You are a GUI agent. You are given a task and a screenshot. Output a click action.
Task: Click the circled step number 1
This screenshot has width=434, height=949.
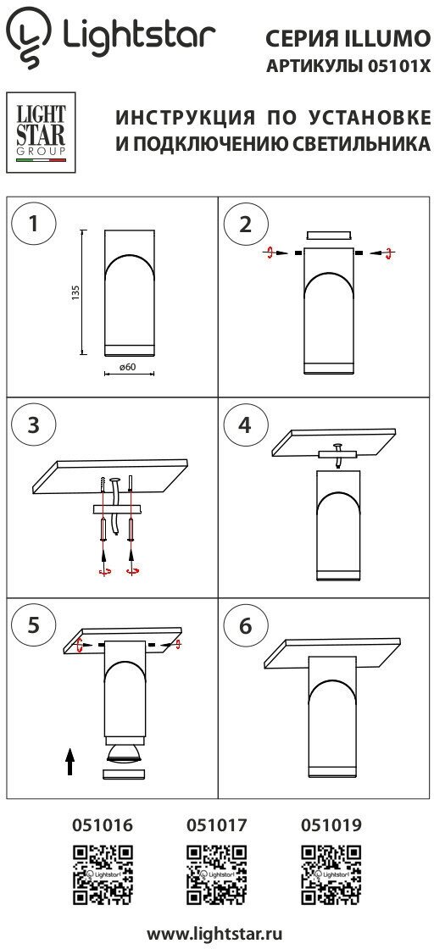[34, 224]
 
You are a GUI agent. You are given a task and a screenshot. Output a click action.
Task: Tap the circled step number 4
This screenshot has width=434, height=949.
[244, 425]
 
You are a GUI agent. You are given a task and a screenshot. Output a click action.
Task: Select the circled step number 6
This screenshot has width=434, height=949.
[244, 626]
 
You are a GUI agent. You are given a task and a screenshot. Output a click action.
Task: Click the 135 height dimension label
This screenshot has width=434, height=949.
[75, 292]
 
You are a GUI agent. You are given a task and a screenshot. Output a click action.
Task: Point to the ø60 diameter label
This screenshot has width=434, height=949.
[127, 367]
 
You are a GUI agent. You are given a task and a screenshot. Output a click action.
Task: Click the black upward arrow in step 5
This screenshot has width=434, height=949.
[70, 761]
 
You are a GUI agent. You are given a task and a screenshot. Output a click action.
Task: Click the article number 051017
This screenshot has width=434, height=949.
[217, 824]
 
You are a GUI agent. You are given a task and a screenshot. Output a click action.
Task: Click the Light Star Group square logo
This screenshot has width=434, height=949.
[41, 132]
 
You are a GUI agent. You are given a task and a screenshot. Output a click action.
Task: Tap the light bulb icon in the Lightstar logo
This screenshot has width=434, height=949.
[29, 37]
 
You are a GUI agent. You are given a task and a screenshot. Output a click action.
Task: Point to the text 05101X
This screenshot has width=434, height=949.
[399, 67]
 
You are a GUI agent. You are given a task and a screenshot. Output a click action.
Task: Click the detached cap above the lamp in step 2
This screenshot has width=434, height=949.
[329, 236]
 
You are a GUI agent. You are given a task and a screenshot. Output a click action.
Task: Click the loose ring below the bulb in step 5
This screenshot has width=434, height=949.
[125, 774]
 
